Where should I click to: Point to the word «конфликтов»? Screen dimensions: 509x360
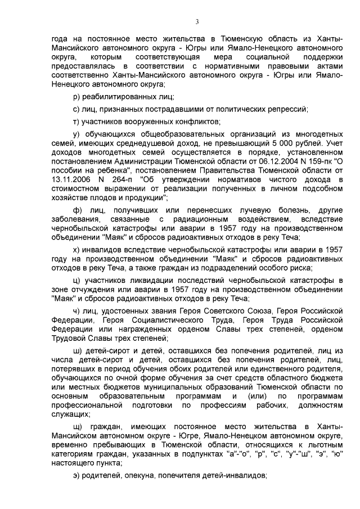click(186, 121)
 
